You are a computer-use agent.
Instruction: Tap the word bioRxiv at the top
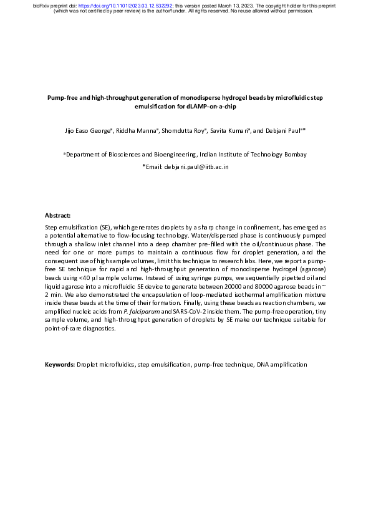(41, 6)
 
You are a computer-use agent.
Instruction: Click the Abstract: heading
(58, 215)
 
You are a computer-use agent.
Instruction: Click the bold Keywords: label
(60, 364)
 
